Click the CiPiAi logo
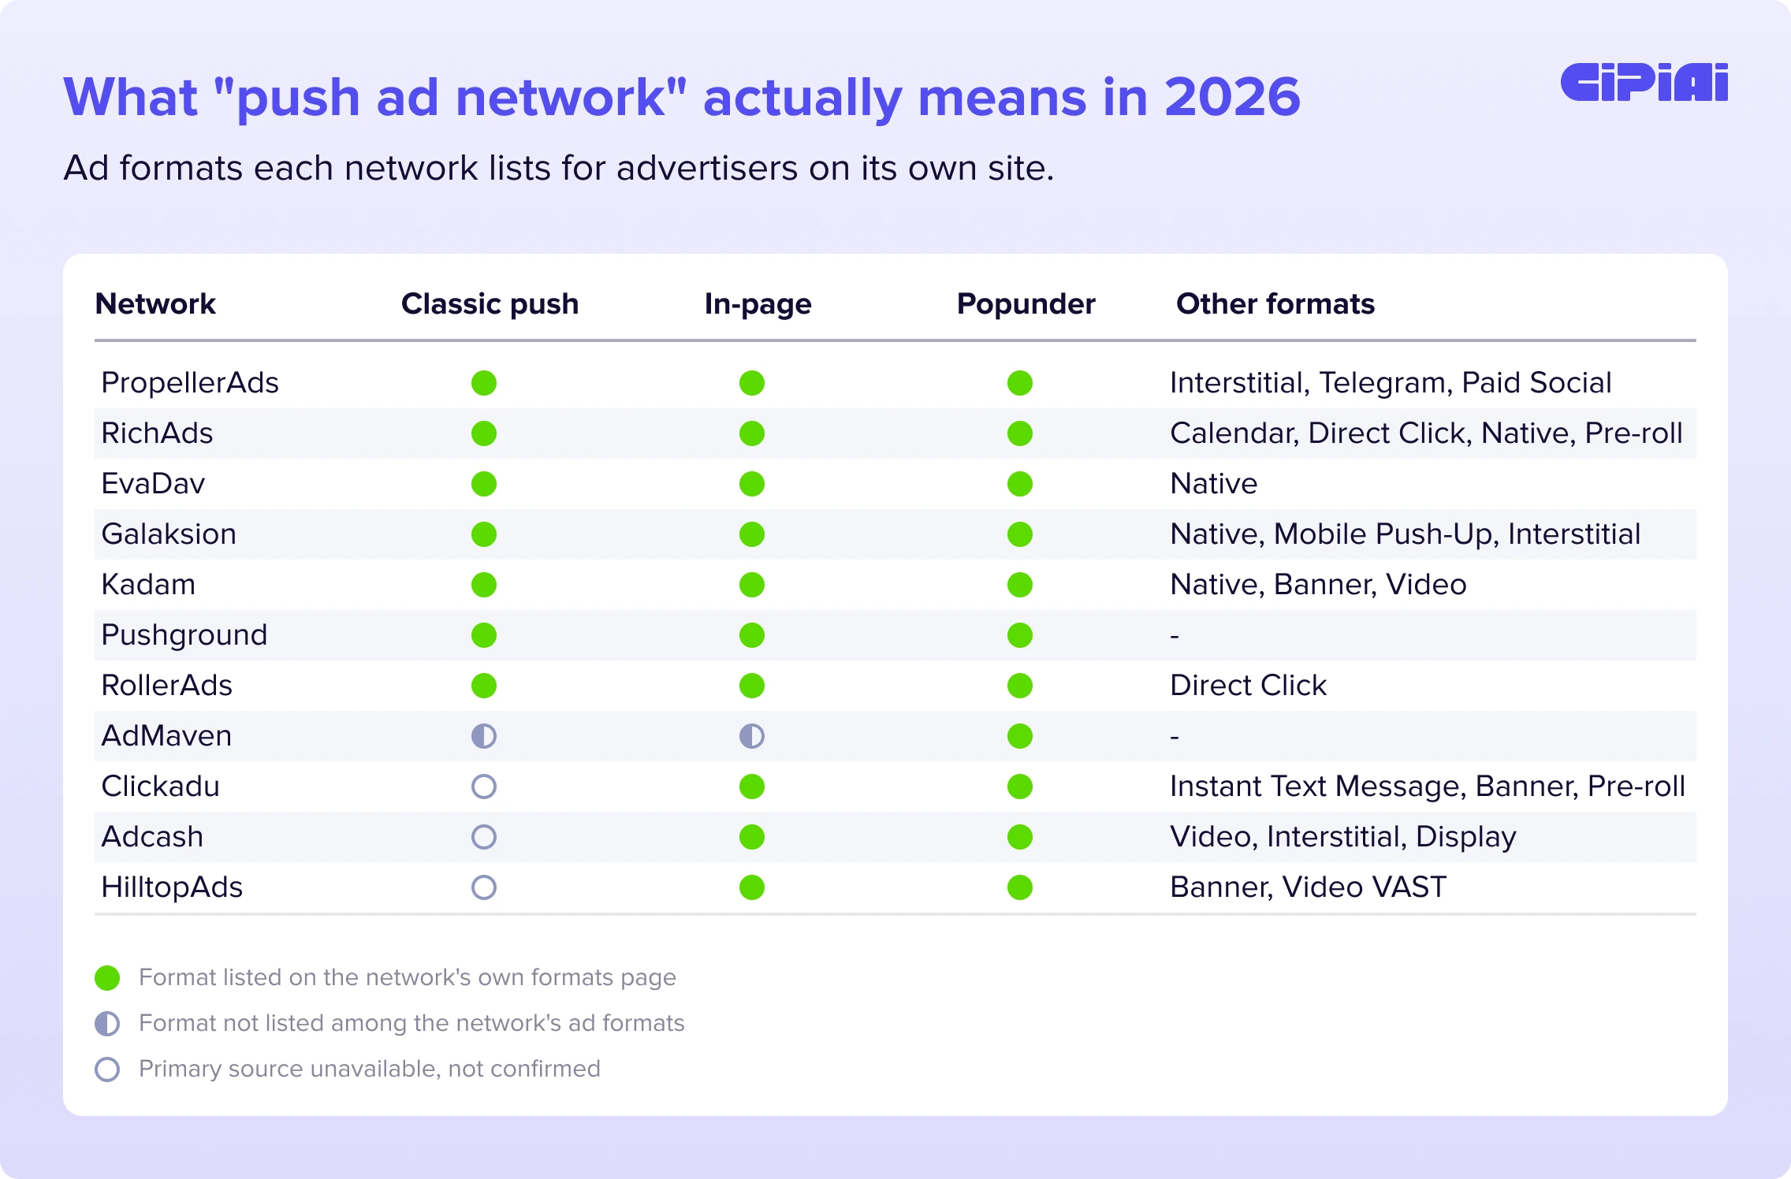pos(1644,82)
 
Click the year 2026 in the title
pos(1232,97)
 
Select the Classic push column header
pos(490,304)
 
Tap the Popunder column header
pos(1026,304)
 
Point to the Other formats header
pos(1275,304)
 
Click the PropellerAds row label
pos(190,383)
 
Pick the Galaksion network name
pos(169,534)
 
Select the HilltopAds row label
pos(172,887)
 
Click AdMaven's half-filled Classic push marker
pos(484,736)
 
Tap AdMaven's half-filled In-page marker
pos(752,736)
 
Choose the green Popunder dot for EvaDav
pos(1020,484)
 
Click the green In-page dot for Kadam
pos(752,585)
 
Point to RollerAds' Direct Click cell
pos(1248,686)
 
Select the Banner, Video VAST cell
pos(1309,887)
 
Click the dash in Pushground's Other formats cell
pos(1175,636)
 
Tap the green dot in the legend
pos(107,978)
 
